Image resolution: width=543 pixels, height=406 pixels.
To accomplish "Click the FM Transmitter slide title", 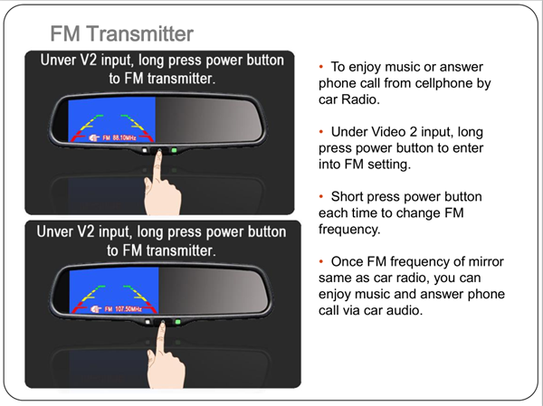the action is tap(121, 33).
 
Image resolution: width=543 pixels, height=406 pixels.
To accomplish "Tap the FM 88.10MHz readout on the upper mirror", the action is tap(119, 137).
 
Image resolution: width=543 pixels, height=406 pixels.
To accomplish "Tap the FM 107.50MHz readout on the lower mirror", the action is tap(123, 308).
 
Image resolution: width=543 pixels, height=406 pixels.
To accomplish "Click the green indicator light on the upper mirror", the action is tap(174, 150).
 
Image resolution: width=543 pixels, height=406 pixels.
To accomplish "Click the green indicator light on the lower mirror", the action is tap(177, 322).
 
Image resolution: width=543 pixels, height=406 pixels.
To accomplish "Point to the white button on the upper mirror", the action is tap(145, 150).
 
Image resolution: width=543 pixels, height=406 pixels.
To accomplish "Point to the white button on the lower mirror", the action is tap(148, 322).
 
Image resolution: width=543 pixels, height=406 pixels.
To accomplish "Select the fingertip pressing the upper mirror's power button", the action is tap(159, 152).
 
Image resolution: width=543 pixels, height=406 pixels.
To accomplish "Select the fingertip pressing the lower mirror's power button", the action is tap(162, 324).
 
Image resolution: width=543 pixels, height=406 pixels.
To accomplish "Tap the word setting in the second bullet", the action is tap(389, 165).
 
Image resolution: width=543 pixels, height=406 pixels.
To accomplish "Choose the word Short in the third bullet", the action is tap(347, 196).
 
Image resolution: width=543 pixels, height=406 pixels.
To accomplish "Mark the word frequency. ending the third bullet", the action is tap(349, 230).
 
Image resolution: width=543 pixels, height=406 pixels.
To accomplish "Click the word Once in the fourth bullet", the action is tap(347, 261).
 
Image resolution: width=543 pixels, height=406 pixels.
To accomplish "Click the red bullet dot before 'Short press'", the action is tap(321, 196).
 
